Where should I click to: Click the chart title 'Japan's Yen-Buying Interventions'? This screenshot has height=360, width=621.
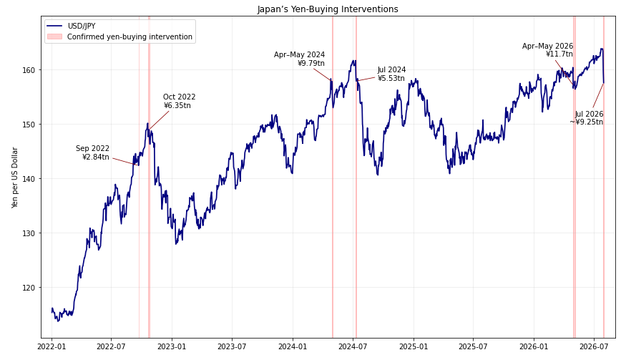tap(328, 9)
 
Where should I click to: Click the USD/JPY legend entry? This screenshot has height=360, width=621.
tap(72, 26)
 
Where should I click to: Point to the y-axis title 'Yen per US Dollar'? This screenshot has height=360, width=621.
tap(15, 177)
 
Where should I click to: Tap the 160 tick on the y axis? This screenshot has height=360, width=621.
tap(31, 70)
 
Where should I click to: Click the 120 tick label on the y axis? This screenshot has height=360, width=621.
tap(31, 288)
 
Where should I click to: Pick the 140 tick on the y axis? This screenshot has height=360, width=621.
tap(31, 179)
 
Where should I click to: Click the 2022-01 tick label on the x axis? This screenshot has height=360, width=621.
tap(52, 347)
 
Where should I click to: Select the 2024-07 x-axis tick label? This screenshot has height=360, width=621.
tap(353, 347)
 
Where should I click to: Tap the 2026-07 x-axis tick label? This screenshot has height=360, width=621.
tap(594, 347)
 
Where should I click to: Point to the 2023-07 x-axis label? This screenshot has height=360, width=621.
tap(232, 347)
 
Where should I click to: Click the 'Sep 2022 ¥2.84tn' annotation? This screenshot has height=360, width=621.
tap(93, 153)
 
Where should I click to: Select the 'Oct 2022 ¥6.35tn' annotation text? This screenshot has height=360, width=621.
tap(179, 102)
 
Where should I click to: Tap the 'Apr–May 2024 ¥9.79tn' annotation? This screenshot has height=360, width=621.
tap(299, 59)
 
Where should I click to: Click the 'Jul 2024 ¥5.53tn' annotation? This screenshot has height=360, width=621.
tap(391, 74)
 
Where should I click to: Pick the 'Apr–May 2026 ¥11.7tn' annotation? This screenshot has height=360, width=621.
tap(548, 50)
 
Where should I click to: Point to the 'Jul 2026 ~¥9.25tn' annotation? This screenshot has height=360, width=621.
tap(587, 118)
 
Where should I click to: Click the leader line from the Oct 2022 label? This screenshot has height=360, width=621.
tap(160, 120)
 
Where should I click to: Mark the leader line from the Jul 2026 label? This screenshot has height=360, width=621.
tap(598, 95)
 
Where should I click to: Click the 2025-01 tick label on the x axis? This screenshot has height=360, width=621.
tap(414, 347)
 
